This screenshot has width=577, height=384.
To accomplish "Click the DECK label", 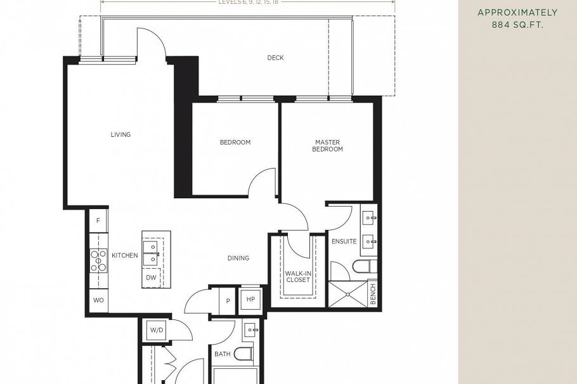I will click(275, 58).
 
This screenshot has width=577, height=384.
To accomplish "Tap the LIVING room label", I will click(120, 134).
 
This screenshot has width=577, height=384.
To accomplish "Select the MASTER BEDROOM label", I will click(327, 146).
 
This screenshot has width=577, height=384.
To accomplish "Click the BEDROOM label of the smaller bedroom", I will click(235, 143).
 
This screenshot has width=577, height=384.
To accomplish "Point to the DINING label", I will click(238, 258).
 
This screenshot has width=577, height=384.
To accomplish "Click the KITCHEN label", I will click(125, 255).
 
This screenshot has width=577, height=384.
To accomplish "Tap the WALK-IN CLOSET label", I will click(297, 276).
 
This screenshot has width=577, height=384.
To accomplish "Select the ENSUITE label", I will click(344, 241).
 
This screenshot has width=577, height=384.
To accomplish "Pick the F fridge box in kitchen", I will click(98, 221).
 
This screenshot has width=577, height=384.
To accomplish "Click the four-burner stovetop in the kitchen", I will click(99, 260).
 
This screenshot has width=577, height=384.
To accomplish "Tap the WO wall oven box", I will click(98, 300).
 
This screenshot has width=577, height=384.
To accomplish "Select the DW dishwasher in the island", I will click(151, 278).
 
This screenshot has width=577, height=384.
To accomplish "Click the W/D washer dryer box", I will click(155, 330).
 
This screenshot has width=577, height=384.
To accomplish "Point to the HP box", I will click(250, 300).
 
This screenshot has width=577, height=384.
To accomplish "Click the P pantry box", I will click(228, 300).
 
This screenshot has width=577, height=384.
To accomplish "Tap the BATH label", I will click(222, 354).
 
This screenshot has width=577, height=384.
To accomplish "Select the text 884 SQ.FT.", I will click(517, 25).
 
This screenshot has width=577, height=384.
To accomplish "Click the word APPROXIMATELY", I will click(517, 12).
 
